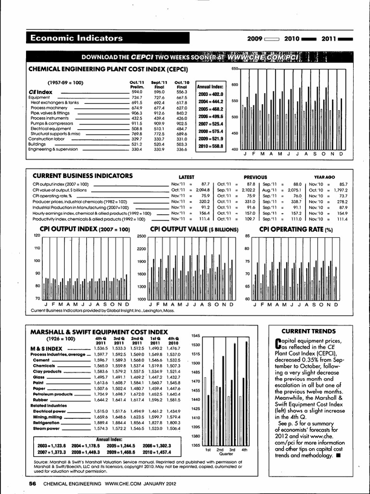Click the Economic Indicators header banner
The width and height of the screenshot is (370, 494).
click(x=77, y=38)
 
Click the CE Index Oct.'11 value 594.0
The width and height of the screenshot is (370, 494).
click(x=137, y=92)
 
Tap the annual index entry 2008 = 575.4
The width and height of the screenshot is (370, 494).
click(x=210, y=131)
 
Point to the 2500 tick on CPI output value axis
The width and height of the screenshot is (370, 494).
click(x=141, y=236)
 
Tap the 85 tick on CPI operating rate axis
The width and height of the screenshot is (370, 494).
click(x=247, y=236)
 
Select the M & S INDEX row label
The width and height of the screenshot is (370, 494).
click(x=46, y=348)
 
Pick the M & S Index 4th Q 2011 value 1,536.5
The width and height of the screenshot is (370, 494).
click(x=100, y=348)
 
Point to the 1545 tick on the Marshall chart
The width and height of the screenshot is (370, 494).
click(x=195, y=335)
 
